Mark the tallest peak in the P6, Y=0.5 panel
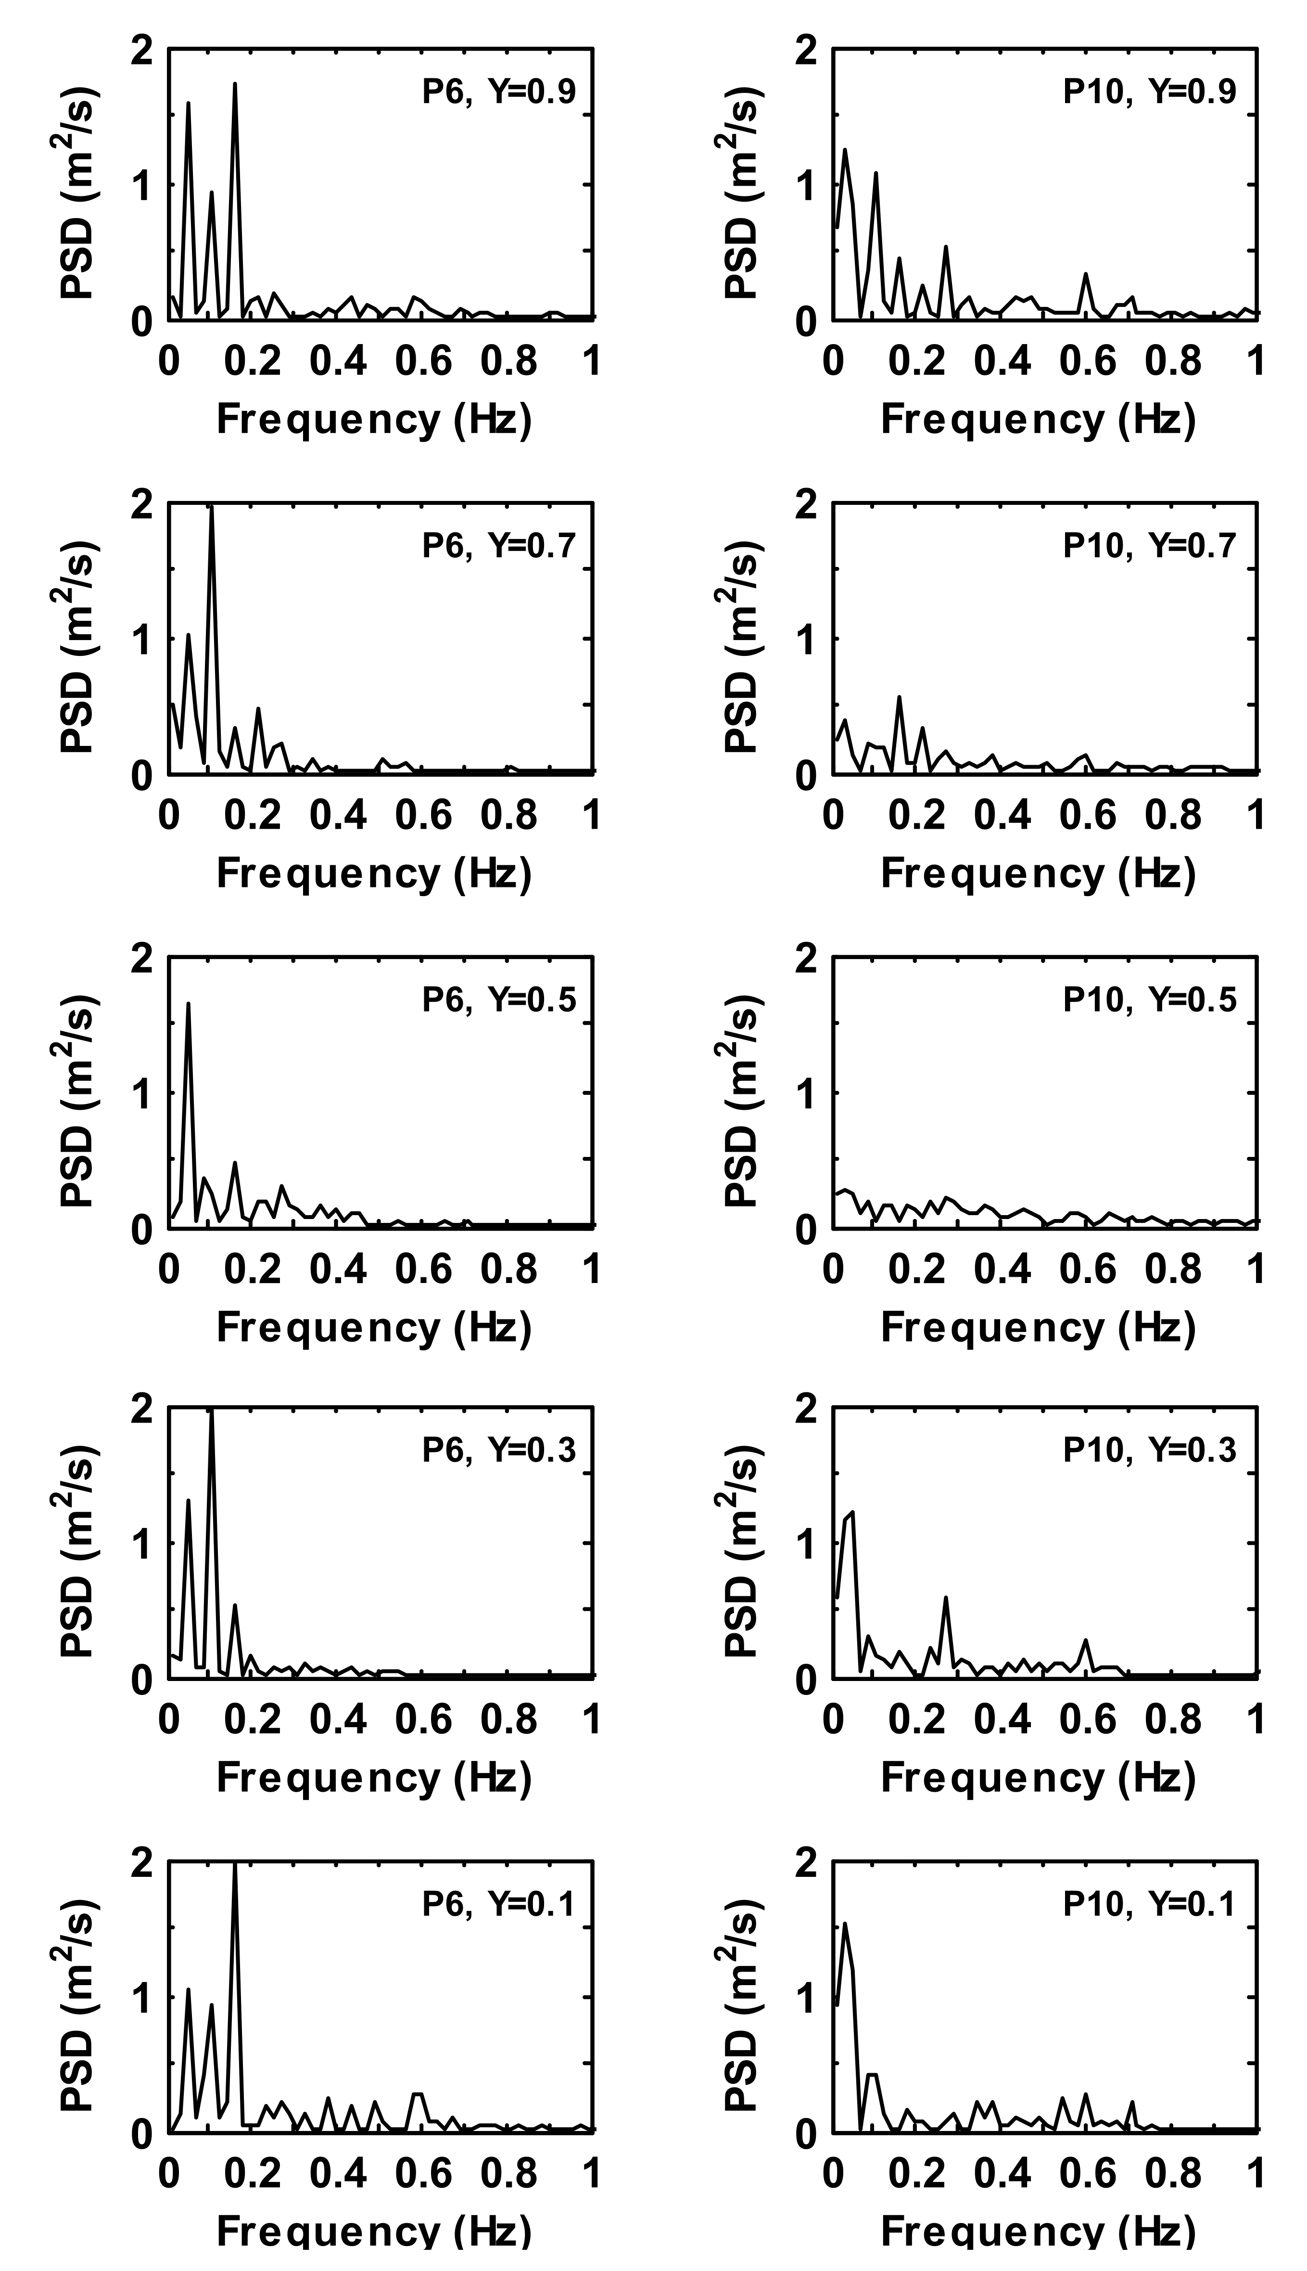click(189, 1004)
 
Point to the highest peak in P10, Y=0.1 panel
click(845, 1925)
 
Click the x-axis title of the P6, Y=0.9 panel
click(374, 419)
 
